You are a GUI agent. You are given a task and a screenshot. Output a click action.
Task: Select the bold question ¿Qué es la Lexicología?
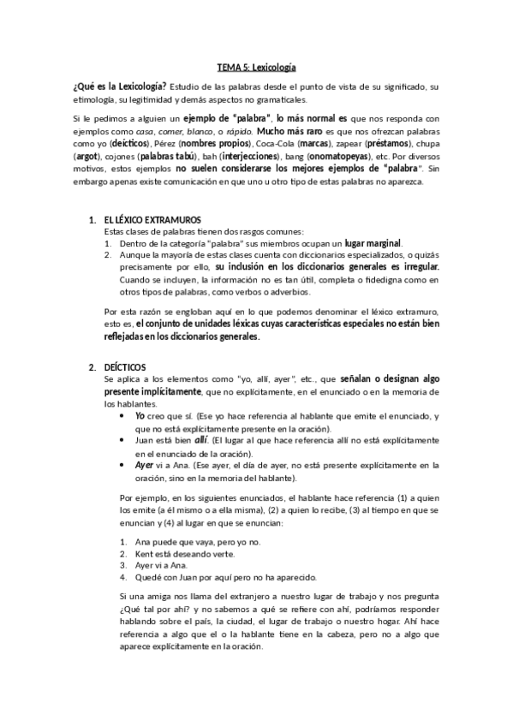click(x=119, y=86)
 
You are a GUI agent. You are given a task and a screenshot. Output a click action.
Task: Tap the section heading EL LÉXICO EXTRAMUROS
click(x=148, y=221)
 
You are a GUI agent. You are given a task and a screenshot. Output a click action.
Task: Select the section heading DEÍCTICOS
click(x=125, y=368)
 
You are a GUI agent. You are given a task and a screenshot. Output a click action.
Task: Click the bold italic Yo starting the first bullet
click(x=140, y=417)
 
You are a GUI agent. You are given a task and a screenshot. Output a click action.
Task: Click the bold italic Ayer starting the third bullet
click(x=145, y=465)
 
